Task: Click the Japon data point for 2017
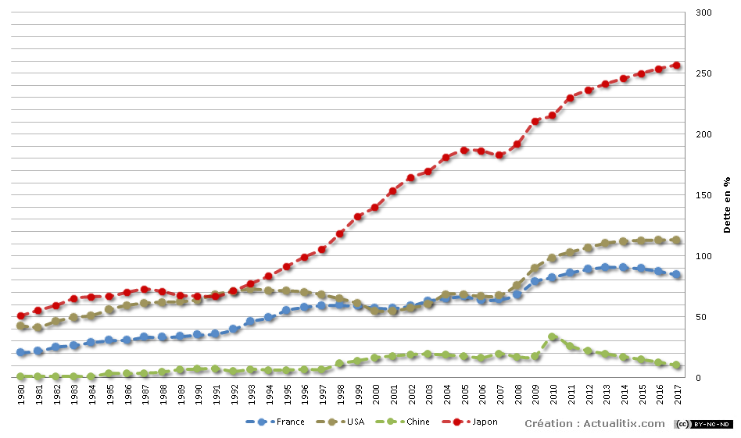677,66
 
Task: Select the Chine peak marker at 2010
553,337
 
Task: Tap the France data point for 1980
21,353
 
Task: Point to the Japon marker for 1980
21,316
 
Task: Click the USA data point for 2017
677,240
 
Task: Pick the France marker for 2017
677,275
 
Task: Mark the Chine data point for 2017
677,365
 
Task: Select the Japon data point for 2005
464,150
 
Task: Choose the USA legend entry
344,422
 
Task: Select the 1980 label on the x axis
21,395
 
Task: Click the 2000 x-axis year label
376,395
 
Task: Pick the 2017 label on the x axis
677,395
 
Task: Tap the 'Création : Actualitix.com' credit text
594,423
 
